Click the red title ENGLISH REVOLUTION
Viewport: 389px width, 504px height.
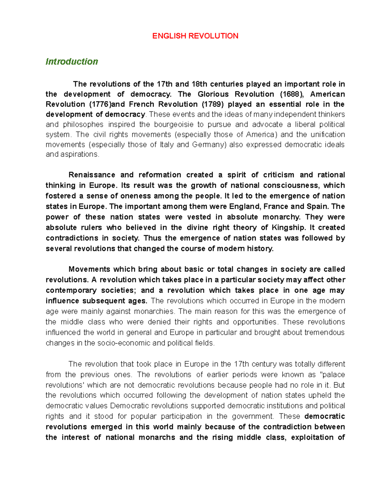195,36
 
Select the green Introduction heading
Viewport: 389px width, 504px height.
72,62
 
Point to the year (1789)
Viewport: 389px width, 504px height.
213,104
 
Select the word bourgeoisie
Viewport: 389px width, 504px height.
174,124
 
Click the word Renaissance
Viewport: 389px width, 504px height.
92,175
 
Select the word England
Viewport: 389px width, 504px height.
244,206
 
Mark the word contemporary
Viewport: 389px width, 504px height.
71,290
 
